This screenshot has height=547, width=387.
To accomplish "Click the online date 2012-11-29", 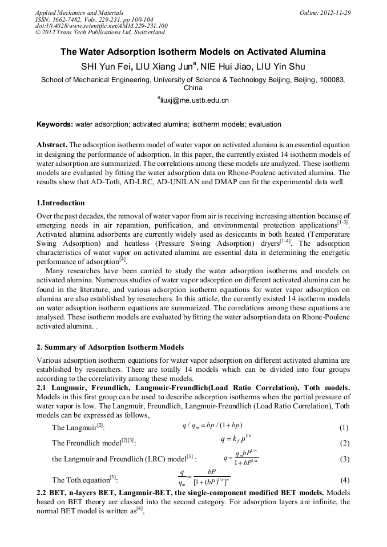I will point(334,13).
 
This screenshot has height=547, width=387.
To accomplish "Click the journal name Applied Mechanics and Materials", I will point(71,13).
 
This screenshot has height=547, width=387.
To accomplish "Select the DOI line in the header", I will point(101,26).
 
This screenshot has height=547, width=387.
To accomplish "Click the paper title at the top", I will point(193,52).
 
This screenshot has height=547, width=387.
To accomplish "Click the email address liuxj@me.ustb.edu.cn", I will point(193,100).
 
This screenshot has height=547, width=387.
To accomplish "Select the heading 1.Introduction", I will point(61,203).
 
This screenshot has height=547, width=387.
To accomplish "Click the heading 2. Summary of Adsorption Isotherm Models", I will point(110,347).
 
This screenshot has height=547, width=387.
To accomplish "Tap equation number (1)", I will point(344,428).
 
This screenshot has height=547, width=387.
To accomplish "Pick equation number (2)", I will point(344,443).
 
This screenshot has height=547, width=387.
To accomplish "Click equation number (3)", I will point(344,459).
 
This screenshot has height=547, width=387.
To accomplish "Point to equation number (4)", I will point(344,480).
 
